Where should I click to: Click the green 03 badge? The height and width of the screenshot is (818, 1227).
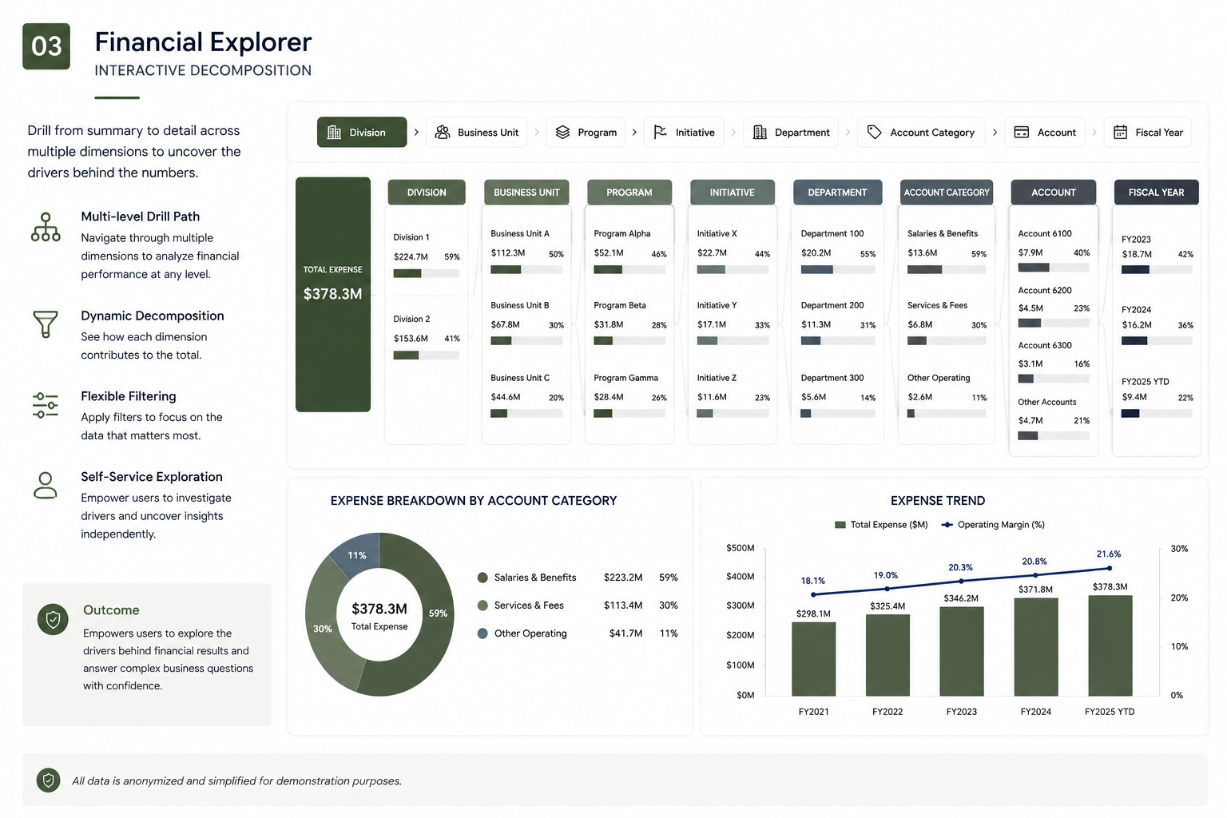(46, 46)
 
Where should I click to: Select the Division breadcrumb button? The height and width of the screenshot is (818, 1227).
(362, 132)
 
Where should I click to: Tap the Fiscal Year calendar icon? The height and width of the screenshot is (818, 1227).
(1120, 132)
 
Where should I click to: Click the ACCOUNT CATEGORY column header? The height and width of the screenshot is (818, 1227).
(946, 193)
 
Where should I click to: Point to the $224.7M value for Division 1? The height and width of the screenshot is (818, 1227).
(411, 256)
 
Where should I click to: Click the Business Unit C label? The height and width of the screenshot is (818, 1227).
(520, 378)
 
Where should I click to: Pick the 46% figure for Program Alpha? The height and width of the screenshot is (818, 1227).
(658, 254)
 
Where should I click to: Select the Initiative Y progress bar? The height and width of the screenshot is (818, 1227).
(733, 341)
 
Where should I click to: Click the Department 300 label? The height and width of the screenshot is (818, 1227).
(832, 378)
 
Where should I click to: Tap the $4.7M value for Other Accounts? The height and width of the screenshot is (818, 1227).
(1030, 420)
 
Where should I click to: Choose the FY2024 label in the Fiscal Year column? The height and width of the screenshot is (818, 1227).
(1136, 310)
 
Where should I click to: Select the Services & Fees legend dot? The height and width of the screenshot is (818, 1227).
(482, 606)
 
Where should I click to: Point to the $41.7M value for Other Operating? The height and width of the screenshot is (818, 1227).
(625, 633)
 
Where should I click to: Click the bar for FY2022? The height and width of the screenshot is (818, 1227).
(887, 655)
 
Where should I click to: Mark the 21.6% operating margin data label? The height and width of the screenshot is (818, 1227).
(1109, 554)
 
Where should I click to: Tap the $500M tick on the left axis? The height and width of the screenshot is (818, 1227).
(740, 548)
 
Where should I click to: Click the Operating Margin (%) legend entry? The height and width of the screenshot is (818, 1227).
(993, 524)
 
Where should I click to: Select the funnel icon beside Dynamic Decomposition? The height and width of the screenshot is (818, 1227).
(46, 324)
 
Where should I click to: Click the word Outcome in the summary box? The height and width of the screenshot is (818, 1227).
(111, 610)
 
